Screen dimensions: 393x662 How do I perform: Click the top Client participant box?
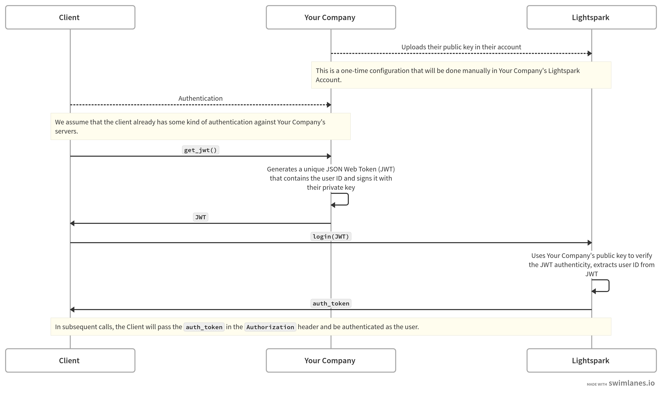70,17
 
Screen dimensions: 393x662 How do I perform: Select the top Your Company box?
330,17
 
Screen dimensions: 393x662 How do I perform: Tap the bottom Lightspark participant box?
591,360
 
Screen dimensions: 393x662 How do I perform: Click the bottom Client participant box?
70,360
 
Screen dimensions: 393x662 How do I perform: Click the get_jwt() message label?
200,150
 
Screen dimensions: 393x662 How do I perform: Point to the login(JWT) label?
330,237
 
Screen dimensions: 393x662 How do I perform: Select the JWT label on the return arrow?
200,217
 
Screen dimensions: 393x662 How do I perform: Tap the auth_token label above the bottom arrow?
330,303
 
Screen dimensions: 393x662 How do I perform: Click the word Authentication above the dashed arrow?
200,98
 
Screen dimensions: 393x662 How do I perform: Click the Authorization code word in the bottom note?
270,327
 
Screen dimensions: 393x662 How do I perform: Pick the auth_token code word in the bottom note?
204,327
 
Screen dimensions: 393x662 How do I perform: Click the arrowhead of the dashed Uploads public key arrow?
589,53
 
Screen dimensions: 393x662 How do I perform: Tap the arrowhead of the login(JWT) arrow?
589,243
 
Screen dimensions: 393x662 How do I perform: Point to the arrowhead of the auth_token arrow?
72,309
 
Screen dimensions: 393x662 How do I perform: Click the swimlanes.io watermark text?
631,383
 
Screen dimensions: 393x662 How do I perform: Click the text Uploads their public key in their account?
461,47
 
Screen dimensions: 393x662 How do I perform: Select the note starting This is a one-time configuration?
461,75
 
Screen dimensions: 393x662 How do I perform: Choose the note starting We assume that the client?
200,126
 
